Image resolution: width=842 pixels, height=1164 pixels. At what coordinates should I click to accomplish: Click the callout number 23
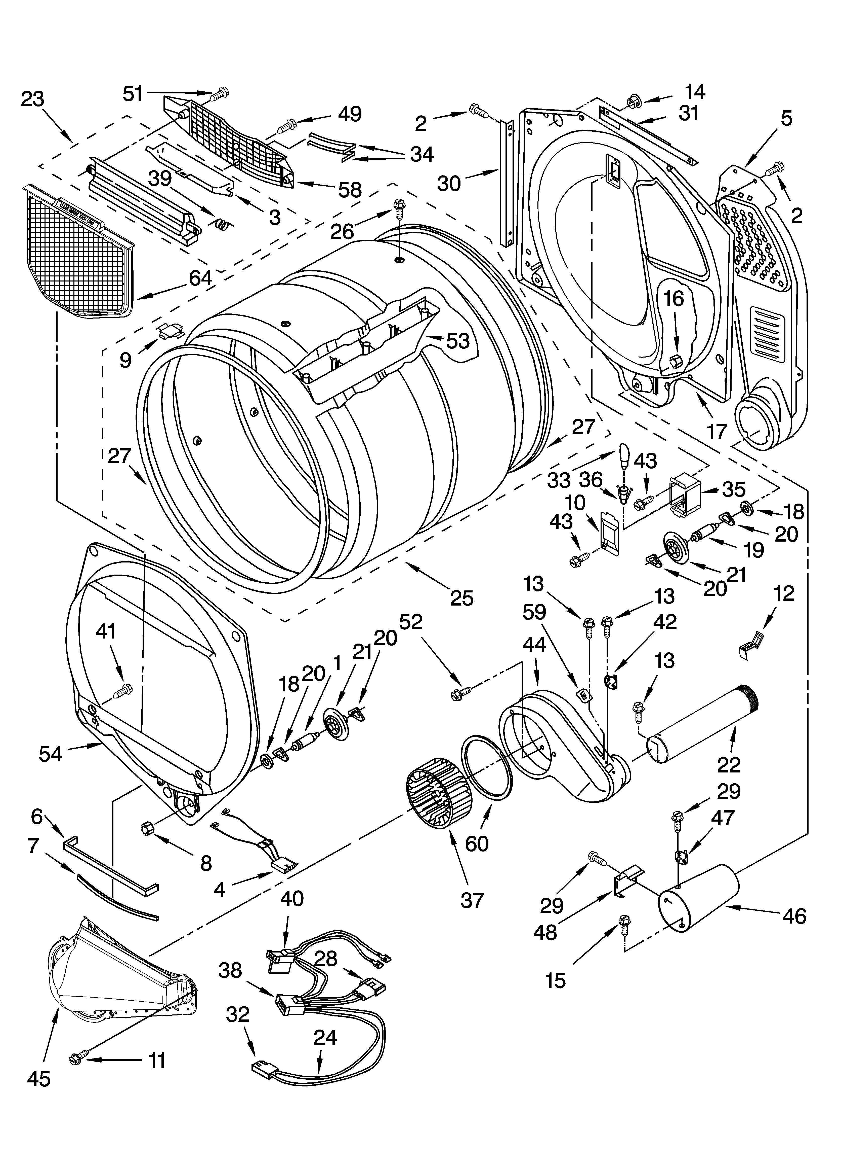coord(32,99)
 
